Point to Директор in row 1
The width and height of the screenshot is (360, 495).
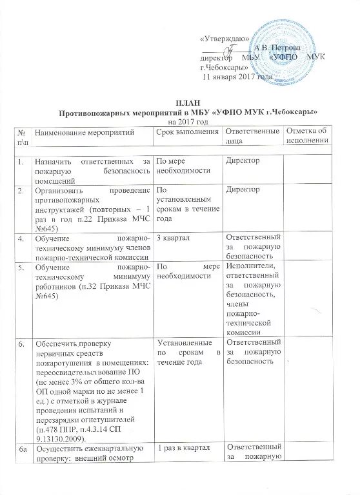242,160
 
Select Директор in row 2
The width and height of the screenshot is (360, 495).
242,190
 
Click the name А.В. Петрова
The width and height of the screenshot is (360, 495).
275,48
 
